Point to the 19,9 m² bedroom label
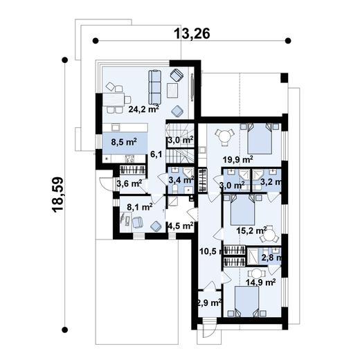coord(237,160)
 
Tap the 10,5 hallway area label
coord(208,251)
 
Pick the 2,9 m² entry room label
coord(209,303)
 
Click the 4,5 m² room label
coord(180,225)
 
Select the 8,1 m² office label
coord(138,206)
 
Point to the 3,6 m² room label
coord(129,183)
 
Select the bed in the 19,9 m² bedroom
coord(261,138)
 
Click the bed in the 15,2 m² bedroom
coord(241,208)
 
